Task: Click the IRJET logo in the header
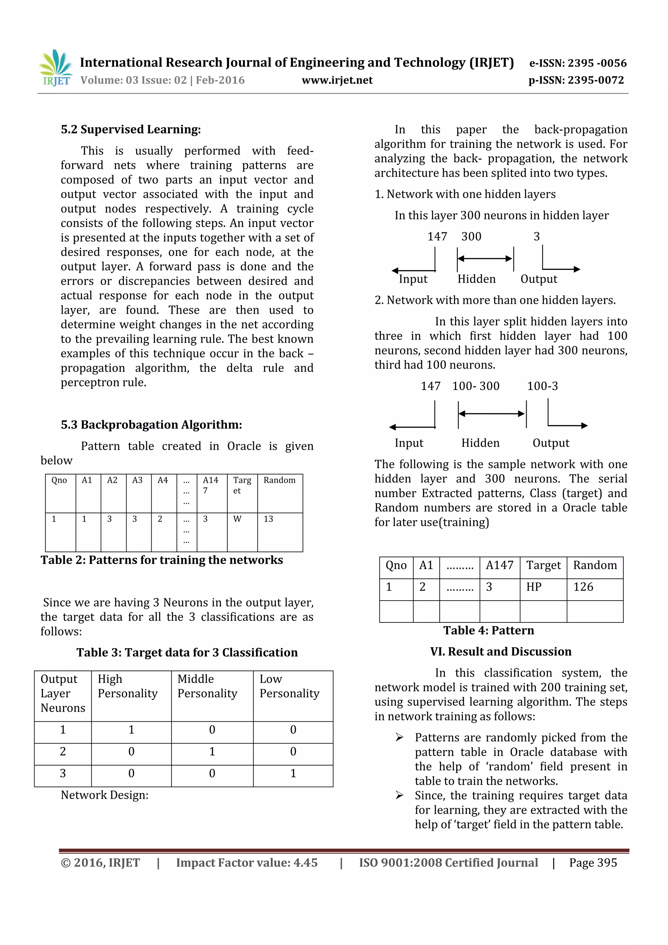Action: click(55, 68)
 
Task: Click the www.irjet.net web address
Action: click(337, 80)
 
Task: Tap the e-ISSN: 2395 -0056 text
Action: click(578, 63)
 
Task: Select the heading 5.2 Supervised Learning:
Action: click(131, 129)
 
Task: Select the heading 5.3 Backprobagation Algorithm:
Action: click(151, 424)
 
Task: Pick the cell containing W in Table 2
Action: click(237, 519)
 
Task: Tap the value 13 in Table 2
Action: click(268, 519)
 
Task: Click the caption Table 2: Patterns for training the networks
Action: click(162, 560)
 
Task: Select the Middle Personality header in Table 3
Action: click(207, 686)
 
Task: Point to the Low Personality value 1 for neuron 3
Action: click(293, 773)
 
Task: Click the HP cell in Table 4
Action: click(534, 587)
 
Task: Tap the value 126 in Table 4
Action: click(583, 587)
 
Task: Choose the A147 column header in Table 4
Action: click(499, 565)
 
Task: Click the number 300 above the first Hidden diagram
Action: click(471, 237)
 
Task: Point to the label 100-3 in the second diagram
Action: click(542, 386)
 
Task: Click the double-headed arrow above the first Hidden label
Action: click(485, 259)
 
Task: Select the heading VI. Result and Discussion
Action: click(501, 652)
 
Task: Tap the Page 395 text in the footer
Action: click(593, 863)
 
